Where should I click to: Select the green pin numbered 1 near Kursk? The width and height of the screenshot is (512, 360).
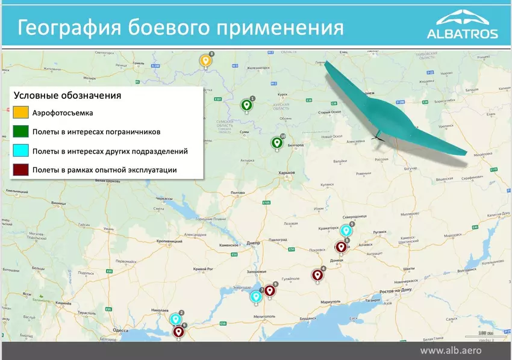coord(246,105)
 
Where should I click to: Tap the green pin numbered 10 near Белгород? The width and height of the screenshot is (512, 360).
coord(277,143)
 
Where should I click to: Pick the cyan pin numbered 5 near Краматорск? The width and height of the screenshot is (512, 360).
coord(345,231)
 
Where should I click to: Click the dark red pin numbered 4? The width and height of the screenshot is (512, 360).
coord(317,275)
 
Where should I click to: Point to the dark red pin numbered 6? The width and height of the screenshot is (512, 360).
coord(178,331)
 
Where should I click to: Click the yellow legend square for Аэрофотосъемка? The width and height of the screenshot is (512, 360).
coord(20,112)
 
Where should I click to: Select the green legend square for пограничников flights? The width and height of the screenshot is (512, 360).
coord(20,131)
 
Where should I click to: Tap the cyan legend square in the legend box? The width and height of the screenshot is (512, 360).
coord(20,151)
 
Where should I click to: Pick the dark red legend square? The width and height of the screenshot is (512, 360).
coord(20,170)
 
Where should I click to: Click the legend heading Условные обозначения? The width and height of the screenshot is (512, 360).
coord(67,95)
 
